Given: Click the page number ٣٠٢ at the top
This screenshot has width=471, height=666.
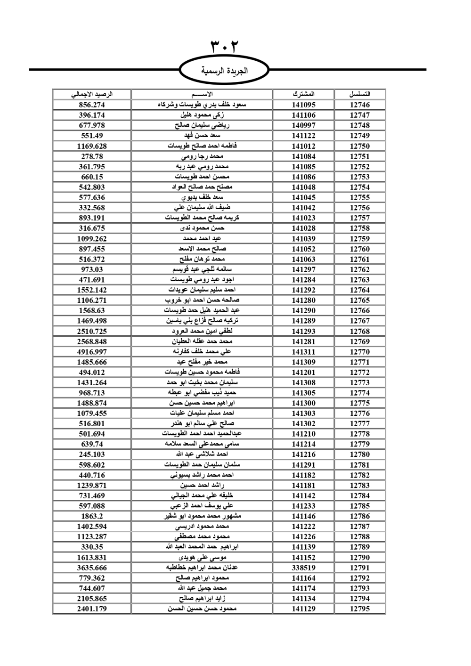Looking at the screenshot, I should point(224,47).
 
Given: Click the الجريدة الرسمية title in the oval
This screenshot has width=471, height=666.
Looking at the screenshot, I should point(224,71).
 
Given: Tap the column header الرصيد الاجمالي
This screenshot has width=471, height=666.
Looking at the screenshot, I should point(92,94).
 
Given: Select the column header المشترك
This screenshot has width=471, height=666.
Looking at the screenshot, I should point(303,94).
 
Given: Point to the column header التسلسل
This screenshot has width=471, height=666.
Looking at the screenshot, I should point(360,94).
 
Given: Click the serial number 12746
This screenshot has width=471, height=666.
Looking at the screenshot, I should point(360,105).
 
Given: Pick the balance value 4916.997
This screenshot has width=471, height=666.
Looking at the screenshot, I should point(92,352).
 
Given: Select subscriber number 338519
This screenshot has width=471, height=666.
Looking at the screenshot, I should point(303,568).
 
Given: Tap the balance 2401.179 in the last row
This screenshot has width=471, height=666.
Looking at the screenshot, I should point(92,609).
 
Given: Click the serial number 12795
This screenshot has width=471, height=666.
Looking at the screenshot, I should point(360,609).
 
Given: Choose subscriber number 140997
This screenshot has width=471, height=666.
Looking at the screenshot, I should point(303,125).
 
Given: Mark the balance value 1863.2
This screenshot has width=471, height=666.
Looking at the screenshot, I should point(92,516).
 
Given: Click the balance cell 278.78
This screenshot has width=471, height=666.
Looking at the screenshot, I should point(92,156).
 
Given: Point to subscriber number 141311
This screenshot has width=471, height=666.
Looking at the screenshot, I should point(303,352).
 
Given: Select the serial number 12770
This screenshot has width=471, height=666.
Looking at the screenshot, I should point(360,352).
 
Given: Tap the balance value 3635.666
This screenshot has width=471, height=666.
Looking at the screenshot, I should point(92,568).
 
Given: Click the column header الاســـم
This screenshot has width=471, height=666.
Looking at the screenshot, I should point(203,94).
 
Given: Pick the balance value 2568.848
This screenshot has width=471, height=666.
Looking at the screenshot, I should point(92,341).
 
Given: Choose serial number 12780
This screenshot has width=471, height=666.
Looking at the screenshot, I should point(360,455).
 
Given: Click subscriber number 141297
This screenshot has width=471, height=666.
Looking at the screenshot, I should point(303,269).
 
